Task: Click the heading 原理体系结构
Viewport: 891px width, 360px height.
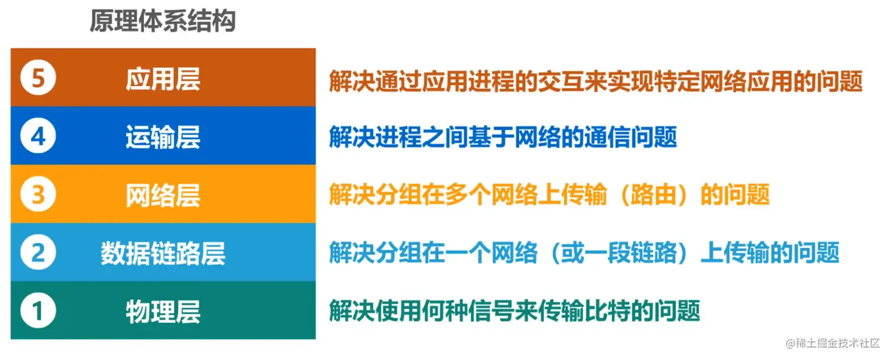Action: pyautogui.click(x=163, y=22)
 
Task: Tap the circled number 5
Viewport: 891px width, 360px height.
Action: pyautogui.click(x=38, y=78)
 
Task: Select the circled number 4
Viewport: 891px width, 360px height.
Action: pyautogui.click(x=38, y=137)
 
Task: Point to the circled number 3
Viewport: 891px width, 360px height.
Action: pyautogui.click(x=38, y=195)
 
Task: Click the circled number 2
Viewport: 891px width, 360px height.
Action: pyautogui.click(x=38, y=253)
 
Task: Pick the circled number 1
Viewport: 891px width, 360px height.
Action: pyautogui.click(x=38, y=311)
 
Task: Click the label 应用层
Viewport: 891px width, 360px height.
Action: pyautogui.click(x=163, y=80)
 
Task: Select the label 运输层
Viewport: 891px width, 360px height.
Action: pyautogui.click(x=163, y=137)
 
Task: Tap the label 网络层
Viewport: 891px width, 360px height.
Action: pyautogui.click(x=163, y=196)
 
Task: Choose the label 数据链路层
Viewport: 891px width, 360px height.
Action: pyautogui.click(x=163, y=254)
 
